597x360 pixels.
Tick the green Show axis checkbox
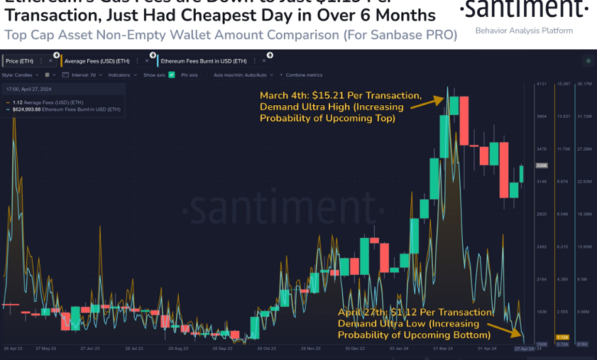tap(171, 75)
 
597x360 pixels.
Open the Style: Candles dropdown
tap(20, 75)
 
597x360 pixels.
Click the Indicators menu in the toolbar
tap(119, 75)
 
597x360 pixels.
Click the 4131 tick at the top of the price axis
tap(541, 83)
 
